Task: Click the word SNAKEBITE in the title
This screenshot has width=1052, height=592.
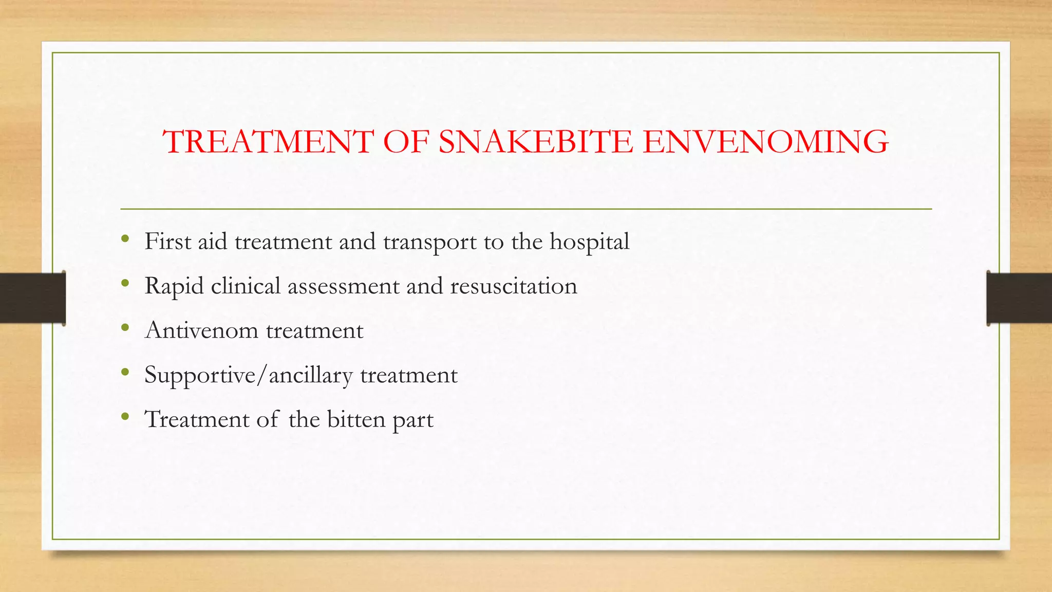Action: pyautogui.click(x=535, y=142)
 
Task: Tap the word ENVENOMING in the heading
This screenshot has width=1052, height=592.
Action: pyautogui.click(x=765, y=142)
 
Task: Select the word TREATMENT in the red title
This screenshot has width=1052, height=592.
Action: pyautogui.click(x=268, y=142)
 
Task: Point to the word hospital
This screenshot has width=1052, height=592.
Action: pyautogui.click(x=589, y=242)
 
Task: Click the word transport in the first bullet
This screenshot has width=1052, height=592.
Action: pyautogui.click(x=429, y=242)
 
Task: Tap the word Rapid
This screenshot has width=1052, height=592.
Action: pyautogui.click(x=174, y=286)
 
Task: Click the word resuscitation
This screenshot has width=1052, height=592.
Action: pyautogui.click(x=514, y=286)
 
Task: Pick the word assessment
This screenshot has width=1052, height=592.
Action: pyautogui.click(x=343, y=286)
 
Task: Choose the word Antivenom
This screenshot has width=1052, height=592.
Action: pyautogui.click(x=202, y=330)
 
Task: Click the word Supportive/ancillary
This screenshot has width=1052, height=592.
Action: pyautogui.click(x=249, y=375)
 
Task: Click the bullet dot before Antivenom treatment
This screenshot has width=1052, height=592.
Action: pyautogui.click(x=125, y=327)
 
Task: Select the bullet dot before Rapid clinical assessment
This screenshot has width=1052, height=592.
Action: pyautogui.click(x=125, y=283)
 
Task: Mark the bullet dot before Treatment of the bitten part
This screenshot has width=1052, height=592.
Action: pyautogui.click(x=125, y=416)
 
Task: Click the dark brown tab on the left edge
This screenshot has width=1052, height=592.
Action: pyautogui.click(x=32, y=298)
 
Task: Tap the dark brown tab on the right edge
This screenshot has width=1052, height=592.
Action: pyautogui.click(x=1019, y=298)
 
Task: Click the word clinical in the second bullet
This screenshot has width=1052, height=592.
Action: pyautogui.click(x=246, y=286)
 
